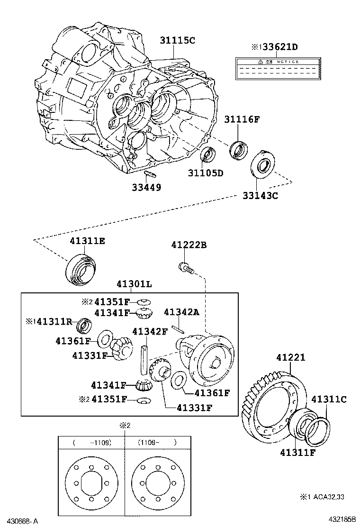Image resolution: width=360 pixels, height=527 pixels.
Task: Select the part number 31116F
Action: point(242,119)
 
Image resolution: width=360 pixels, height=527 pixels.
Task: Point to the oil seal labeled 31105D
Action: point(207,154)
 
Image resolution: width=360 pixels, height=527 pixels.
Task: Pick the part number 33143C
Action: point(260,194)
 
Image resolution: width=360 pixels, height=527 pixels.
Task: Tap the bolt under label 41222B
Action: point(185,268)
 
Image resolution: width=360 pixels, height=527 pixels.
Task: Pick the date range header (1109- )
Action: point(157,443)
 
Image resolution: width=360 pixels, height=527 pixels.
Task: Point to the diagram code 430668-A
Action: point(19,521)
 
